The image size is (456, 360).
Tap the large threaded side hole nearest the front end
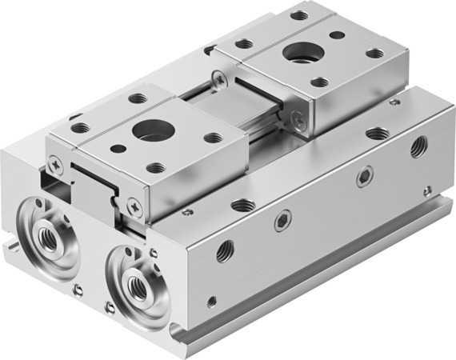225,249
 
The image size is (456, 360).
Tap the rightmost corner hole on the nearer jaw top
214,138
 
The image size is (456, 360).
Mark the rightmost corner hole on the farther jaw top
374,54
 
